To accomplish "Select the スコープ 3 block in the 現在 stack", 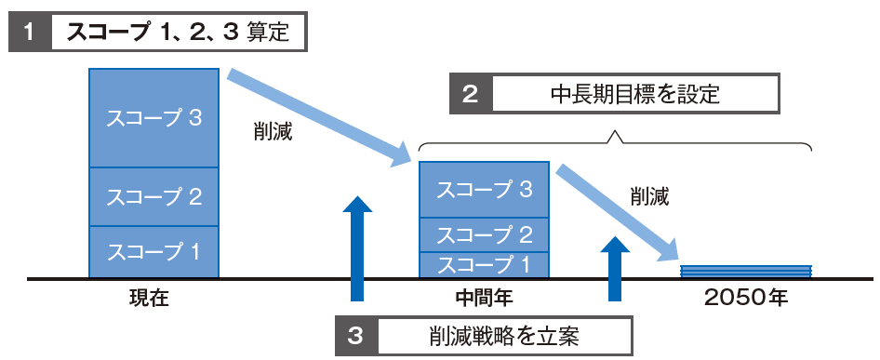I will point(154,118).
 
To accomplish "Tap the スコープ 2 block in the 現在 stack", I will point(154,196).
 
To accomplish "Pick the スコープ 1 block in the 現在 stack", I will point(154,251).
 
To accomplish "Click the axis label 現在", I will point(151,300).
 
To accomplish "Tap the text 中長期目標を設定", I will point(635,94).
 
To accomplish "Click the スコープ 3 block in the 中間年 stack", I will point(483,190).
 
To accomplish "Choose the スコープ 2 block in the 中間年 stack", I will point(483,234).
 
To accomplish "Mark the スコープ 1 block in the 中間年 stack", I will point(483,264).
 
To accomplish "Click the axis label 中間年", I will point(484,300).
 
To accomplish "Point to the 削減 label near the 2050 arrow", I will point(648,196).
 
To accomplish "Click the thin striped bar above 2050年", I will point(746,271).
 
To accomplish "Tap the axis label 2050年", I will point(745,300).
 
